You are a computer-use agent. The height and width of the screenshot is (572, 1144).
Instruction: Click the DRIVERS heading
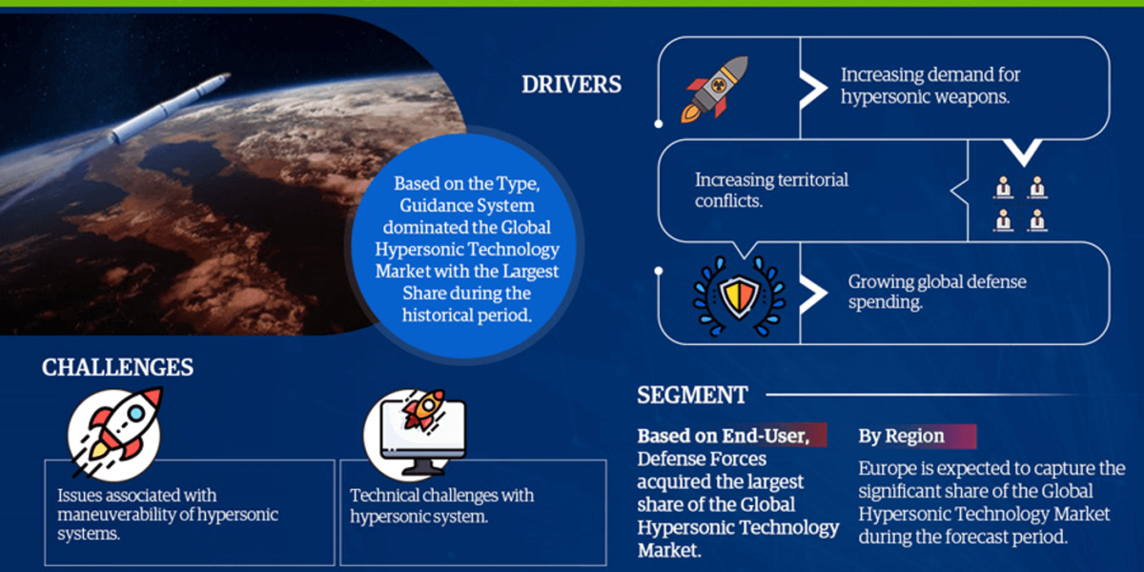coord(571,84)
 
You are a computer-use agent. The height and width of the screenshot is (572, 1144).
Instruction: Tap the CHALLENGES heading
coord(117,368)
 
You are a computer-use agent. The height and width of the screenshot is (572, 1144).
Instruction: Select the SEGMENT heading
coord(692,395)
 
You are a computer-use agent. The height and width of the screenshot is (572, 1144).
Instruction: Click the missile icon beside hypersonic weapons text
coord(716,88)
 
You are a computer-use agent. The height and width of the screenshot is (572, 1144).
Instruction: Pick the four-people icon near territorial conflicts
coord(1020,203)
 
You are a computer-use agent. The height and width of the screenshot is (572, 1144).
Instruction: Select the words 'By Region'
coord(901,437)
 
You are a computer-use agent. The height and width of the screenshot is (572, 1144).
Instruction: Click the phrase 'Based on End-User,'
coord(723,437)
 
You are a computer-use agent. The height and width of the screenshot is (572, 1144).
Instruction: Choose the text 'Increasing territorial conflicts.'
coord(771,190)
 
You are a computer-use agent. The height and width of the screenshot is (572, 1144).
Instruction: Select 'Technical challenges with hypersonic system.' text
coord(442,505)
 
